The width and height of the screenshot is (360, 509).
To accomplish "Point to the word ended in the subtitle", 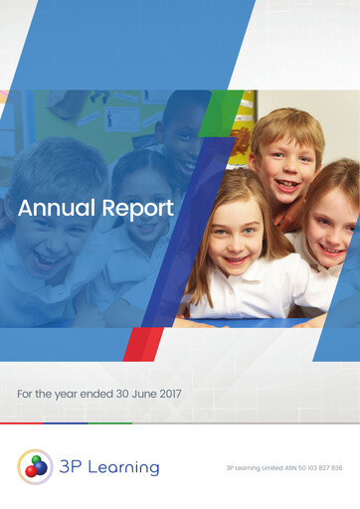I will [x=91, y=395].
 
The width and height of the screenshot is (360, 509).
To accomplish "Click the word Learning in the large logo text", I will [x=122, y=467].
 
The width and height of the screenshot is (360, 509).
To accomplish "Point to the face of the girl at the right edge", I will [x=334, y=224].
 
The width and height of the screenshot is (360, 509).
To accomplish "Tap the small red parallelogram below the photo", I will [x=141, y=344].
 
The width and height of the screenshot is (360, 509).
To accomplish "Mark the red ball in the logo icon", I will [x=31, y=470].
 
